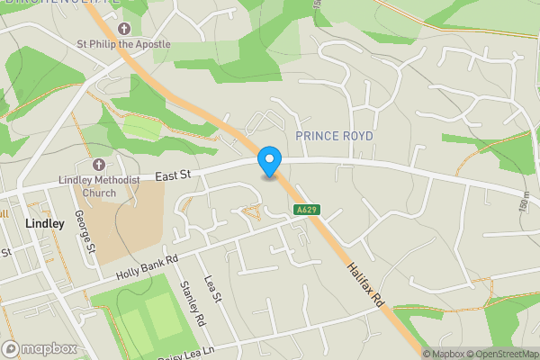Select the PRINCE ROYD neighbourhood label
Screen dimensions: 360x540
point(334,135)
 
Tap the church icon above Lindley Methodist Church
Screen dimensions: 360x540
point(98,166)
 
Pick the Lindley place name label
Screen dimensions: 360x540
point(45,223)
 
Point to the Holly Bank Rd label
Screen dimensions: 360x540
point(148,266)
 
